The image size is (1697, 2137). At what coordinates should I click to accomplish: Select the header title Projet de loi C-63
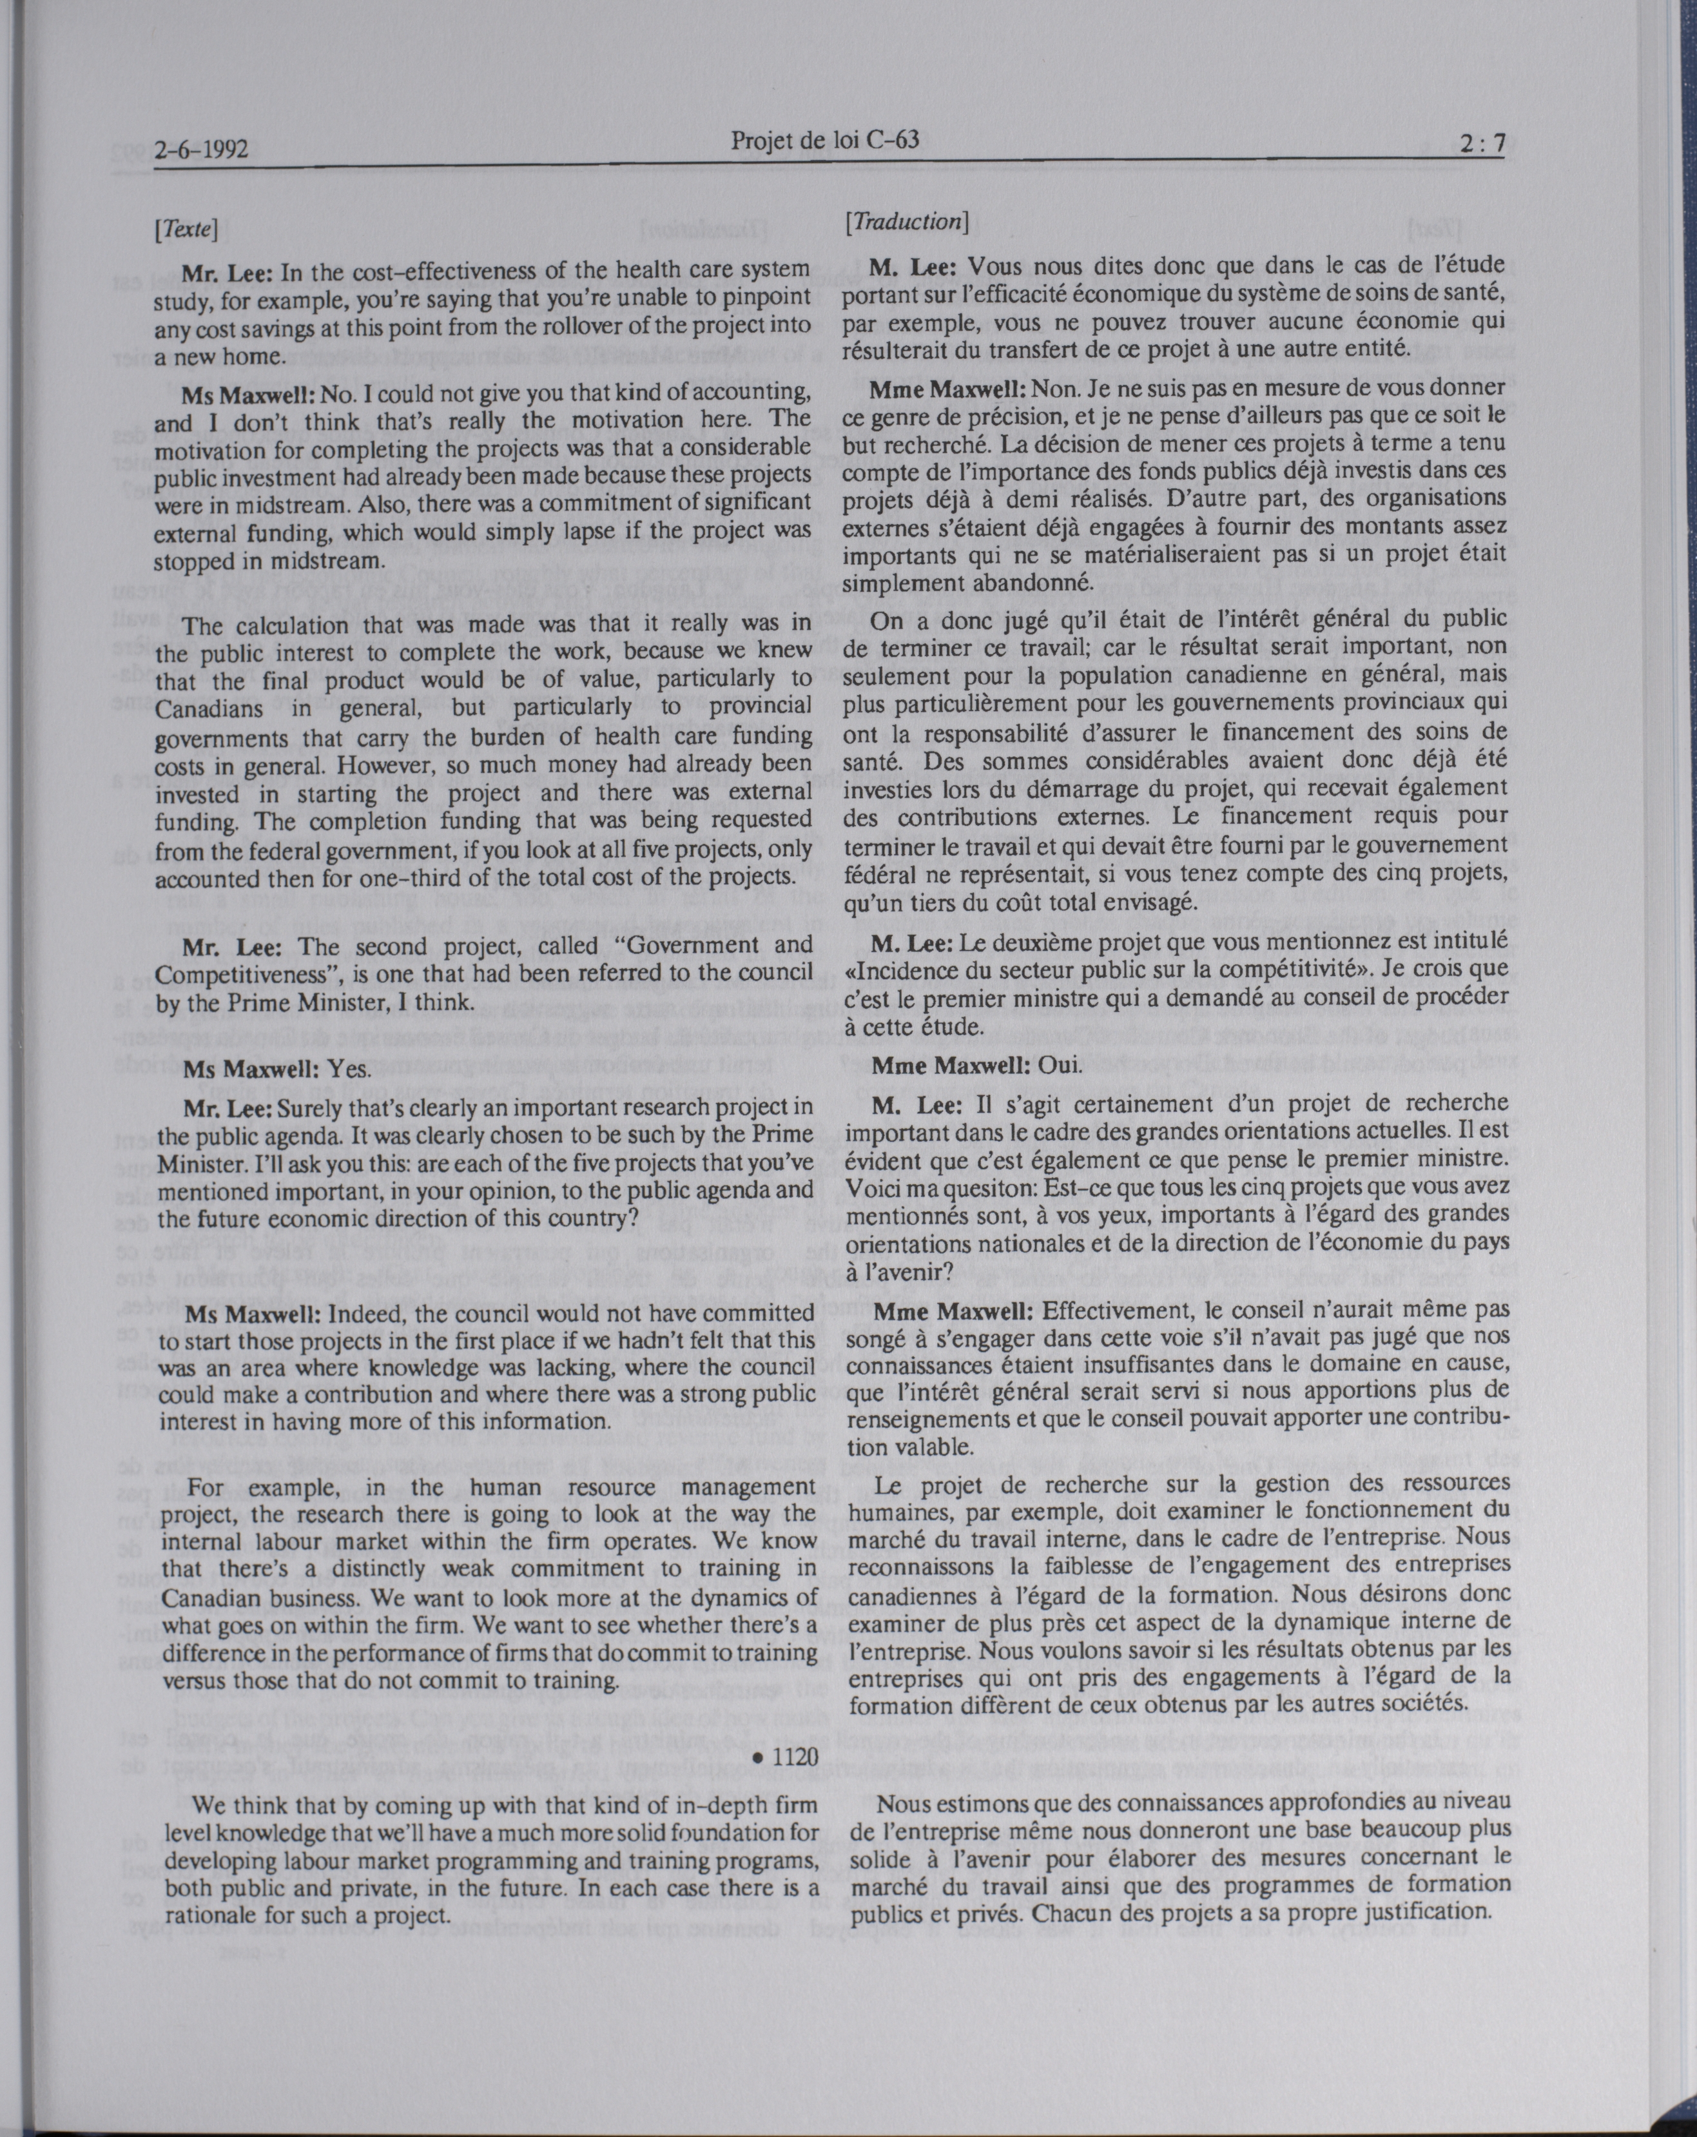pos(825,141)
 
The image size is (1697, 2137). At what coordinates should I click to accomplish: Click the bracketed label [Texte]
pos(186,230)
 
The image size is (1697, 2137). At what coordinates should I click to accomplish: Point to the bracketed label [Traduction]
pos(905,221)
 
